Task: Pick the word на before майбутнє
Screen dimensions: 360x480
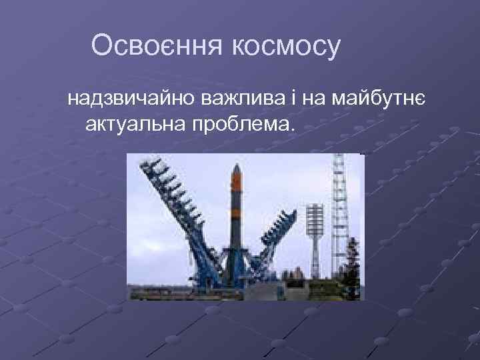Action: (x=313, y=99)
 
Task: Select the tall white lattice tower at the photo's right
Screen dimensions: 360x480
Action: (x=340, y=213)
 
